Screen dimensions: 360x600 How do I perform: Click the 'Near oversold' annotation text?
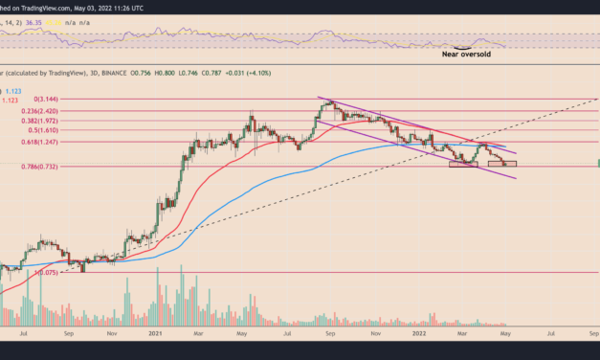(x=468, y=55)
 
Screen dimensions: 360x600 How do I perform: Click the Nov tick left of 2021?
(x=113, y=336)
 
